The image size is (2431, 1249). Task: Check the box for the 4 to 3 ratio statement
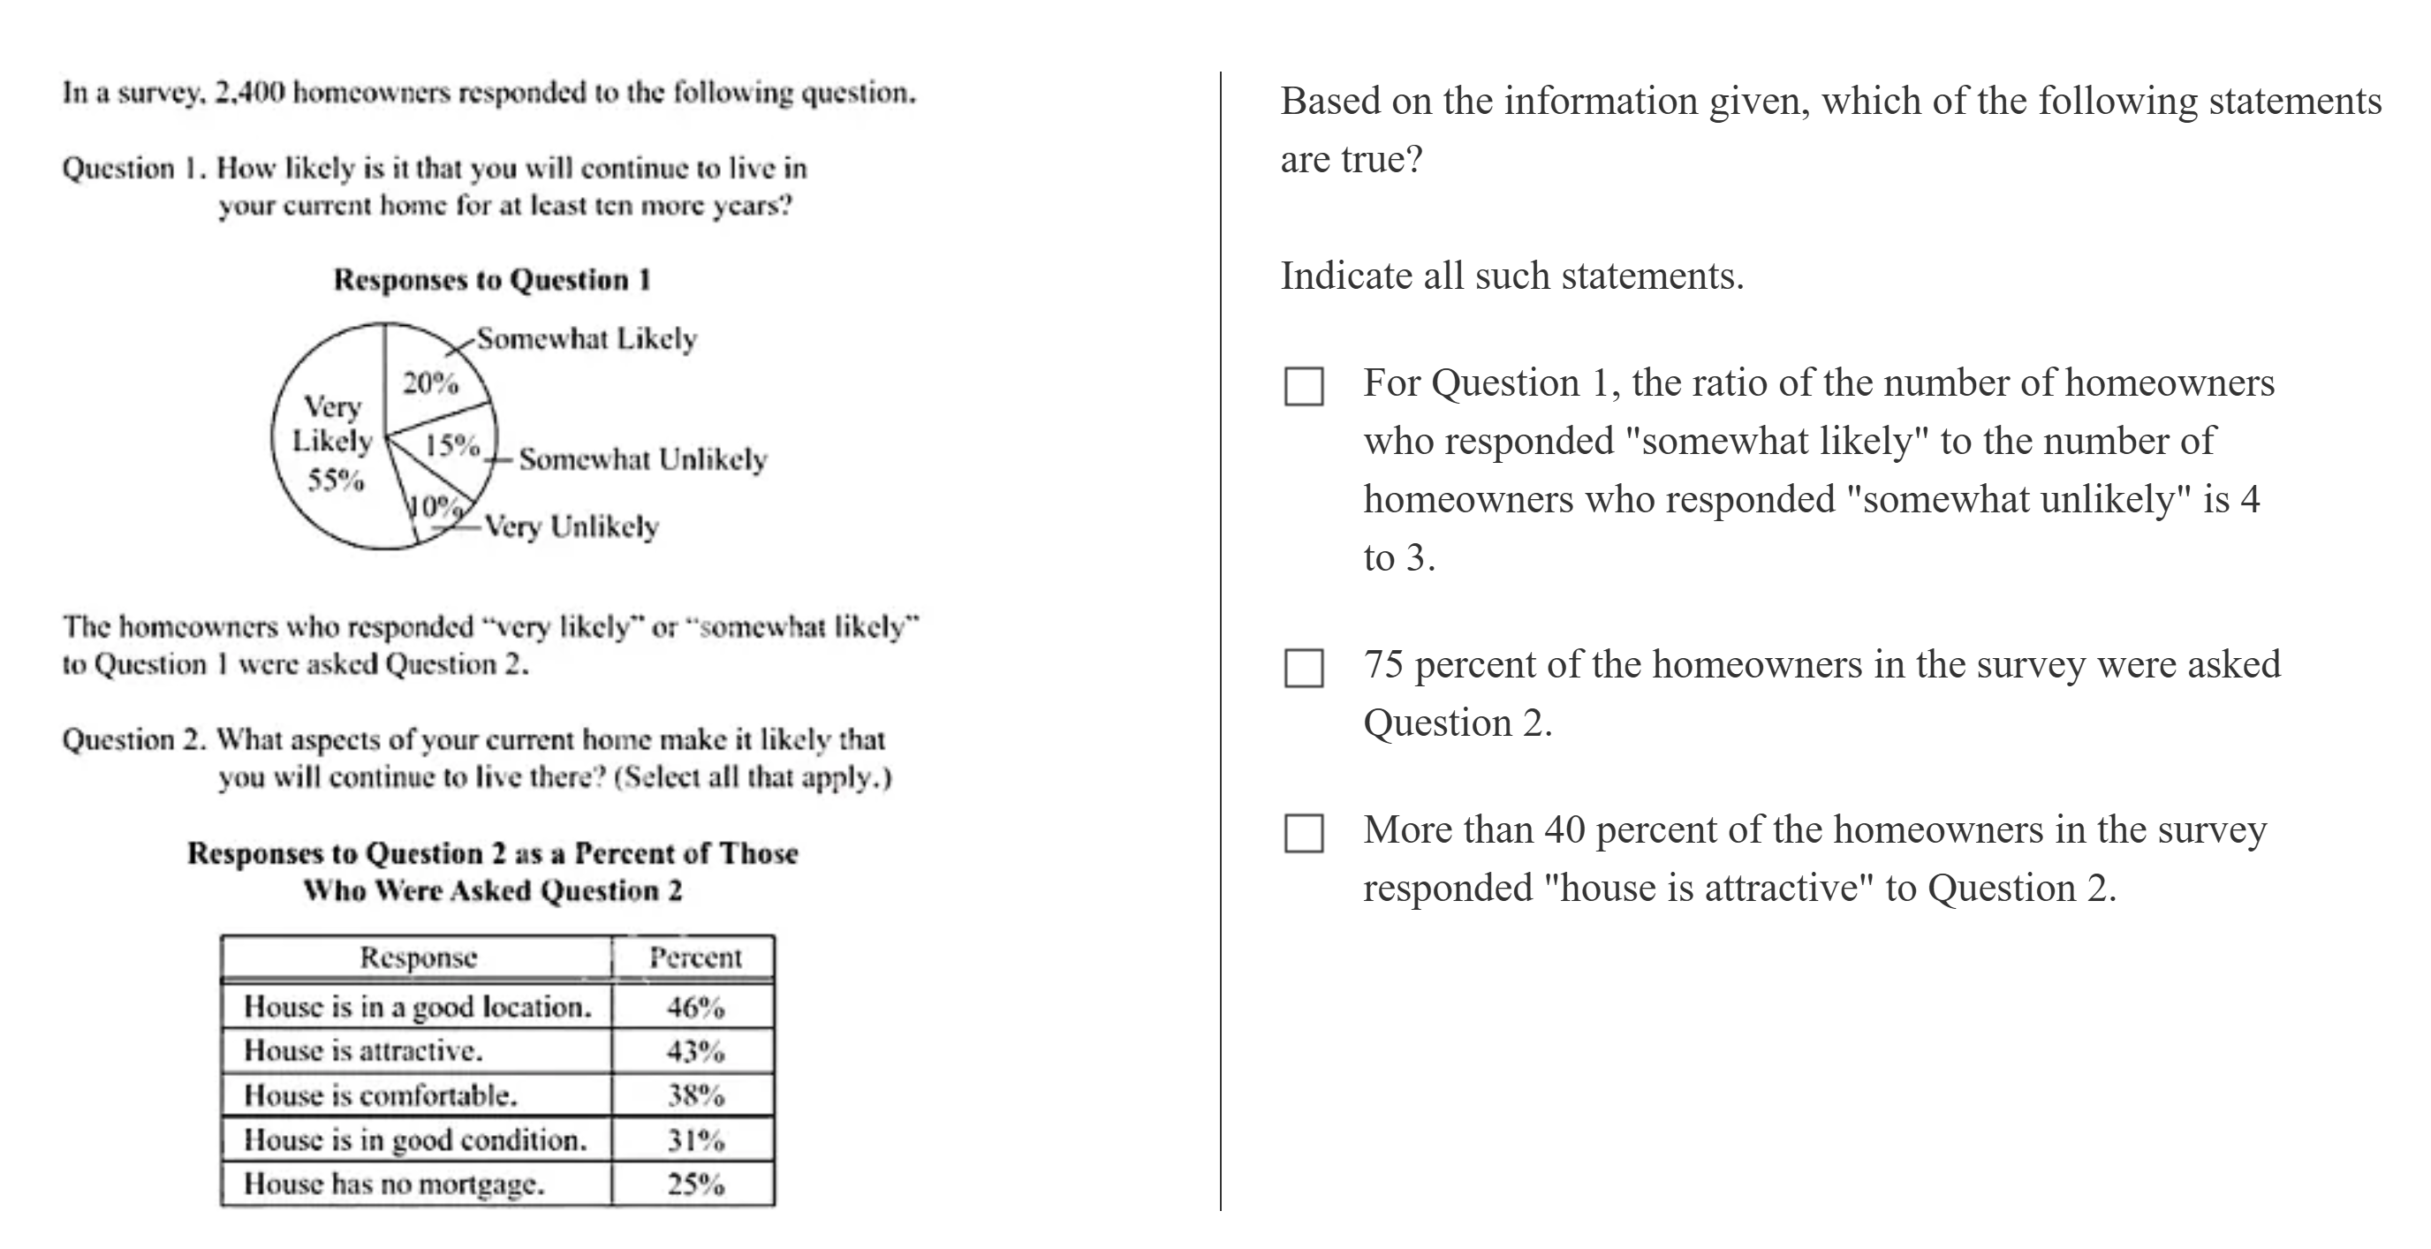[1303, 386]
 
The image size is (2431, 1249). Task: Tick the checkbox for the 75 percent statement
[1303, 668]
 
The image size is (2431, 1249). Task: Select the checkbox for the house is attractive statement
[1303, 833]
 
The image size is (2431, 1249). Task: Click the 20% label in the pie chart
[430, 383]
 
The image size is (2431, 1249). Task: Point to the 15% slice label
[452, 444]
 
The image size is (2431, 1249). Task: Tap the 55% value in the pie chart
[336, 481]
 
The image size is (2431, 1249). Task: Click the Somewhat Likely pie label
[586, 338]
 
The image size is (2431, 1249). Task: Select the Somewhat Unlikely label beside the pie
[643, 459]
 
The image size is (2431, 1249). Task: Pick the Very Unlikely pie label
[572, 526]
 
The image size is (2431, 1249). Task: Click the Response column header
[418, 958]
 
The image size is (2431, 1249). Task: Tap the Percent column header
[695, 958]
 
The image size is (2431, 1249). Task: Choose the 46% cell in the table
[695, 1008]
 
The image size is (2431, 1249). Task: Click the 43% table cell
[695, 1051]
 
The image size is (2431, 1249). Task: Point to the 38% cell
[695, 1095]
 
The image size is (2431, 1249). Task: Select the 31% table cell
[695, 1139]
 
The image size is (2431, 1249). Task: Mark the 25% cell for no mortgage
[695, 1184]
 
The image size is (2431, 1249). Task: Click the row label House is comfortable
[381, 1095]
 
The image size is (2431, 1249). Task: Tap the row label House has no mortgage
[393, 1184]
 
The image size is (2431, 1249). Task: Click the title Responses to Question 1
[492, 280]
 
